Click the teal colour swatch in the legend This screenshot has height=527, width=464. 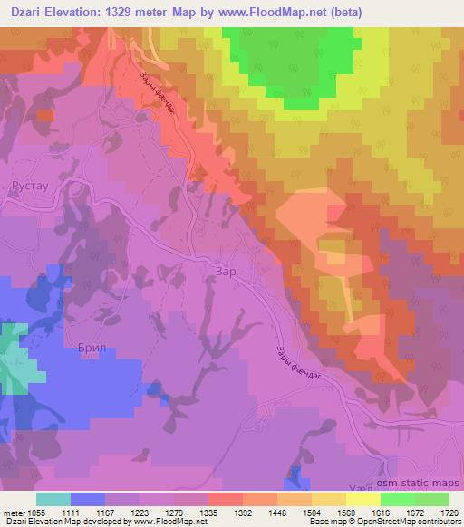click(x=53, y=499)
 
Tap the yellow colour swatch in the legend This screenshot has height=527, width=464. click(x=363, y=499)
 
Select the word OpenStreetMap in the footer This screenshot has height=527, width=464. click(x=382, y=522)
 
